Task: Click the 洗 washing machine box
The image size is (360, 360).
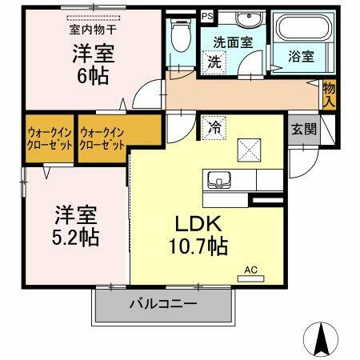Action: [x=215, y=61]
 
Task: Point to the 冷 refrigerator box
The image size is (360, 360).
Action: [x=214, y=126]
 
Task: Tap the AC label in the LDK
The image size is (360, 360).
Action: [x=249, y=270]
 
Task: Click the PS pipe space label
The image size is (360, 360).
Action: [x=207, y=15]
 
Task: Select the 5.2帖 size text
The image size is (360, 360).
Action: [x=77, y=237]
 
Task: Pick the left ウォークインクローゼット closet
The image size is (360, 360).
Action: [x=50, y=139]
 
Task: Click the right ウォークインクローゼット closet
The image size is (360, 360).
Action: [x=103, y=139]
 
